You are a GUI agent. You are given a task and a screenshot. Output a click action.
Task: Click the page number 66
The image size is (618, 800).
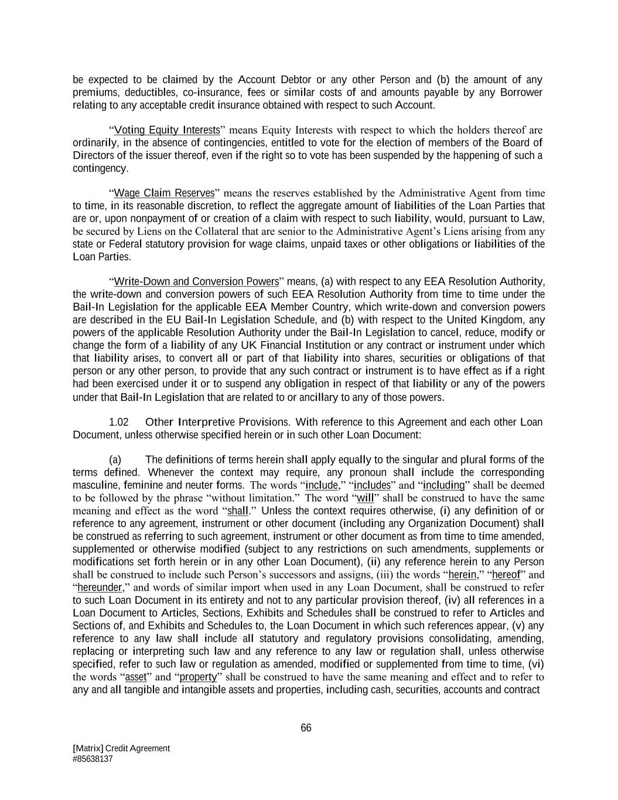[306, 728]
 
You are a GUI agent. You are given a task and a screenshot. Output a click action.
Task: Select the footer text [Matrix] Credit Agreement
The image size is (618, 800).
[121, 748]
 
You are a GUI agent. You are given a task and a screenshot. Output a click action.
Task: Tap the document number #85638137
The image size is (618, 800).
[93, 758]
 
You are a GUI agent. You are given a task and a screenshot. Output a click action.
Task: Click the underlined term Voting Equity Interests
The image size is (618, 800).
[167, 130]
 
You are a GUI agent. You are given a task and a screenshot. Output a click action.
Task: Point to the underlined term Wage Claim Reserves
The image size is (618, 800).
[164, 193]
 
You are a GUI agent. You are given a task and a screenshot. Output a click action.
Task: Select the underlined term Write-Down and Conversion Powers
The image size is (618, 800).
[196, 281]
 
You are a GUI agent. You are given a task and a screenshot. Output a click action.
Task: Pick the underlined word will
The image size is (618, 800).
[365, 498]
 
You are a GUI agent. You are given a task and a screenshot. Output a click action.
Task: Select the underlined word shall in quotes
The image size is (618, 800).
[238, 511]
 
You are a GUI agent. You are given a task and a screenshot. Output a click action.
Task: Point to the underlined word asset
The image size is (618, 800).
[136, 677]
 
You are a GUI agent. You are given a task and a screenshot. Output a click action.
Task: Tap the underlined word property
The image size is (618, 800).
[198, 677]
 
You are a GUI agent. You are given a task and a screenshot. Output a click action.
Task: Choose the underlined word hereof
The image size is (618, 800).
[506, 575]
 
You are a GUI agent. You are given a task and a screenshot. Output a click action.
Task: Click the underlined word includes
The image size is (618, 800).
[372, 485]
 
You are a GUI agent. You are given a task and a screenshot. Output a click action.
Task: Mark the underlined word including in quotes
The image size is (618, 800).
[443, 485]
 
